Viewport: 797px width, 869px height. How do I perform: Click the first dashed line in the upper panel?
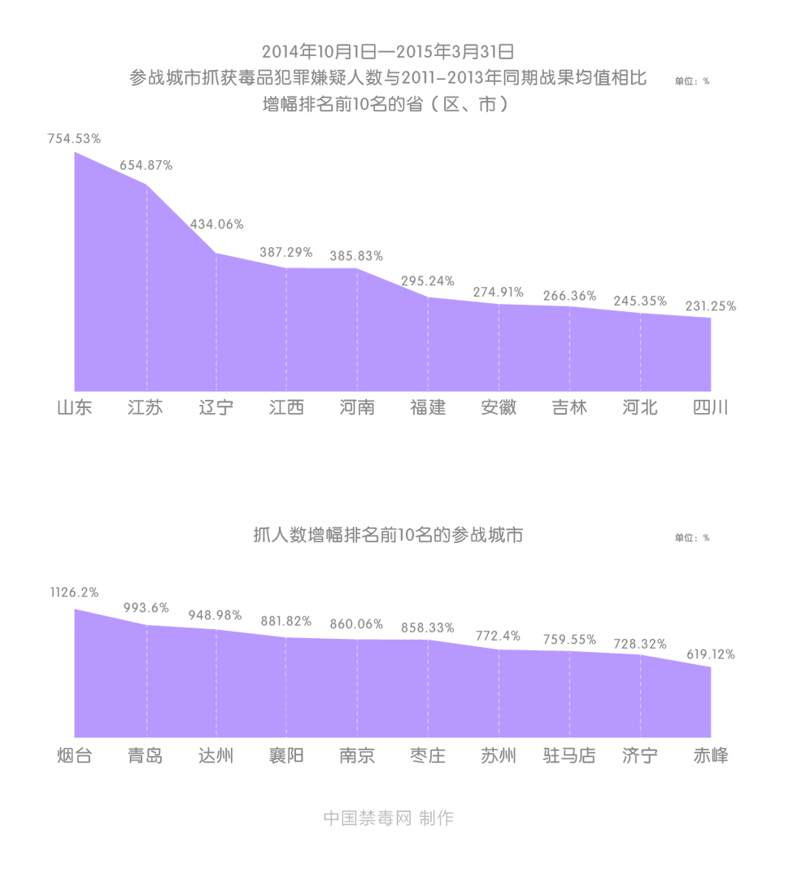(x=146, y=285)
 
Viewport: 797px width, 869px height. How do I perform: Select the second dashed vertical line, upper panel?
(x=216, y=317)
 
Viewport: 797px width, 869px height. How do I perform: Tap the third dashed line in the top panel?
(x=286, y=325)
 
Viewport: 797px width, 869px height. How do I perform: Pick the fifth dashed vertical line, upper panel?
(x=428, y=341)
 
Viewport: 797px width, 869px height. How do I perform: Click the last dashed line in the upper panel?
(x=640, y=350)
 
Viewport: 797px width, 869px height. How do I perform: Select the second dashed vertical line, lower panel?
(x=216, y=683)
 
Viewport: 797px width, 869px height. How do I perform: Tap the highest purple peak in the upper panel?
(x=75, y=148)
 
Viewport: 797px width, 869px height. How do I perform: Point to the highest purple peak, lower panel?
(x=76, y=602)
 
